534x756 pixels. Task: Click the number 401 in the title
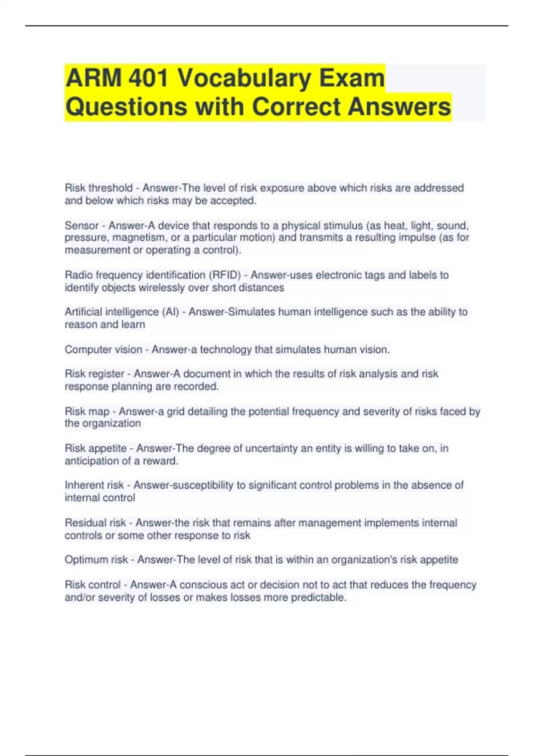[148, 78]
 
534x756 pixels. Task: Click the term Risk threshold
[98, 188]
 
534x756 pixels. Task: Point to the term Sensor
[81, 225]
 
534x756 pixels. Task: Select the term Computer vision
[103, 350]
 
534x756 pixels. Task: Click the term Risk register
[94, 374]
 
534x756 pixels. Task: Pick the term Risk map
[87, 411]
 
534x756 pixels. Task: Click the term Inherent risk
[94, 485]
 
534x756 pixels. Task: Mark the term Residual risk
[95, 523]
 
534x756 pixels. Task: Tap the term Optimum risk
[96, 559]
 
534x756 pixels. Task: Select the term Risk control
[93, 585]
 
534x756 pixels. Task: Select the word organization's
[357, 559]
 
